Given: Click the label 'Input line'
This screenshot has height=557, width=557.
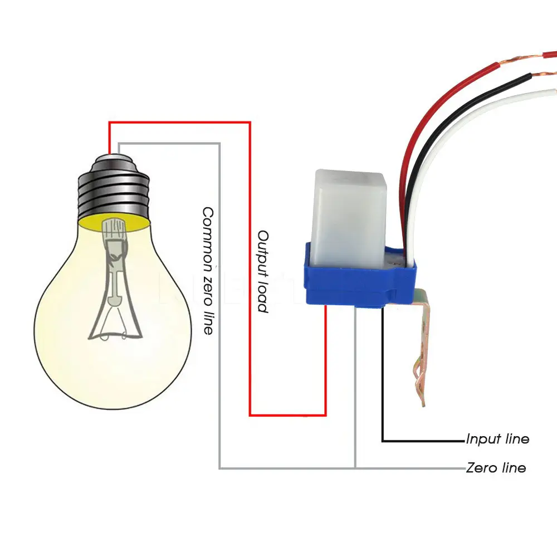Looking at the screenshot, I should [497, 439].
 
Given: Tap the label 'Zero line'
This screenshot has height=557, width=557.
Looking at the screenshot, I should [496, 467].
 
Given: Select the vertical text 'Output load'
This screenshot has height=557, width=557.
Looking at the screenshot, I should [263, 271].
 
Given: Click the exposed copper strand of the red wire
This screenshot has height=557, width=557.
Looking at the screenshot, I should [524, 58].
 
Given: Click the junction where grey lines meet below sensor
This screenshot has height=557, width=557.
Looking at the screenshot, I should [355, 468].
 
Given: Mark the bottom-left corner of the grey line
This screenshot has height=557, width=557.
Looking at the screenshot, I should [219, 468].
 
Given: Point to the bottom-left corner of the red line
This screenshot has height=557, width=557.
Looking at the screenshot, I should [250, 415].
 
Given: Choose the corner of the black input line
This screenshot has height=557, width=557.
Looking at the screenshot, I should [383, 441].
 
